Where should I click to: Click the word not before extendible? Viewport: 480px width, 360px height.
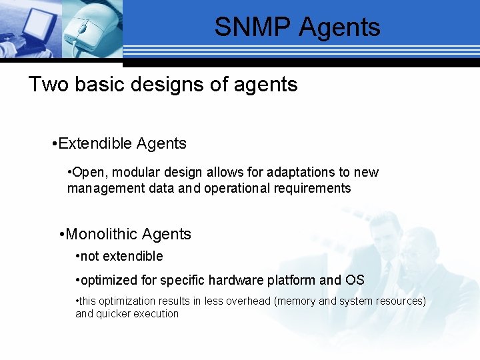coord(89,257)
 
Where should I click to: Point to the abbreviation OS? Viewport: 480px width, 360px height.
coord(355,280)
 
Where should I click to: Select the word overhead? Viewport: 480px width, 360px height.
coord(247,301)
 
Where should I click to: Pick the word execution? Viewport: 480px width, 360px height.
coord(158,313)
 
